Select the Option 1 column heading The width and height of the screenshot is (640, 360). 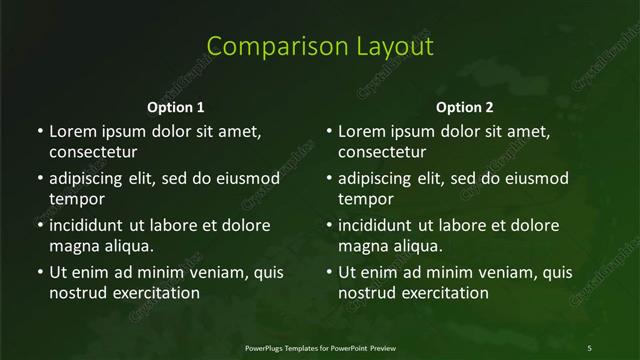point(176,107)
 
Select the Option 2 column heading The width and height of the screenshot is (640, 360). point(465,107)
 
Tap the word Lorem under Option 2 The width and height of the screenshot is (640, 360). point(362,131)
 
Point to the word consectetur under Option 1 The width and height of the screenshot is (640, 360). point(93,153)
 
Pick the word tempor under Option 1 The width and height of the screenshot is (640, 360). point(75,200)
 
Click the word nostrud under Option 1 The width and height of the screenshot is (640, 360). point(77,293)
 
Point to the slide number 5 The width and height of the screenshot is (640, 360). point(589,347)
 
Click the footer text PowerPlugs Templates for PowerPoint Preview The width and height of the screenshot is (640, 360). point(320,347)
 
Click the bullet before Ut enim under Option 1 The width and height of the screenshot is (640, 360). point(39,271)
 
